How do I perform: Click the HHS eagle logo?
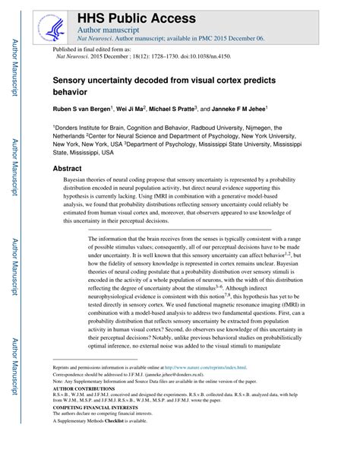coord(48,24)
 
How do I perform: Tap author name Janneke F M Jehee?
coord(276,109)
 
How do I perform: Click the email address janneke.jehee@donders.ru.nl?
coord(182,375)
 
